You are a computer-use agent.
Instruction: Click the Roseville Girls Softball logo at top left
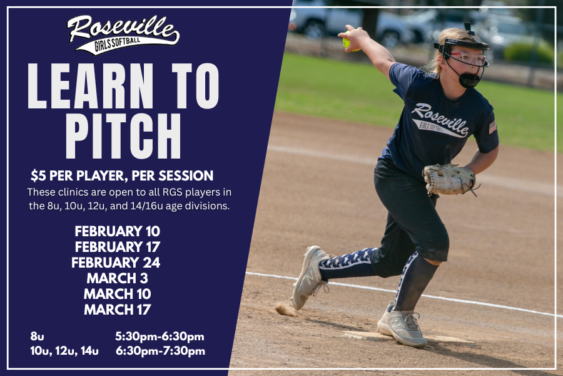click(x=123, y=34)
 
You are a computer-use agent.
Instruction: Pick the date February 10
click(x=117, y=231)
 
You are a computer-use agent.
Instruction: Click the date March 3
click(x=117, y=278)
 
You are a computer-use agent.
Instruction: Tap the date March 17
click(x=117, y=308)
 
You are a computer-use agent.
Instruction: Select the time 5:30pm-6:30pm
click(x=160, y=337)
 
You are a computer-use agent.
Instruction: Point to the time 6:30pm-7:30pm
click(x=160, y=351)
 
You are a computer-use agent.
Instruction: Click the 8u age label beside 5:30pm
click(x=37, y=337)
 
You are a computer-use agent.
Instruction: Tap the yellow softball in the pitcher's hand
click(x=347, y=43)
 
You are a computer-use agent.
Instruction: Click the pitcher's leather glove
click(x=449, y=179)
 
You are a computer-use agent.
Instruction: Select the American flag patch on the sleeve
click(x=492, y=127)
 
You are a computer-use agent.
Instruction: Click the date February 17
click(x=117, y=247)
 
